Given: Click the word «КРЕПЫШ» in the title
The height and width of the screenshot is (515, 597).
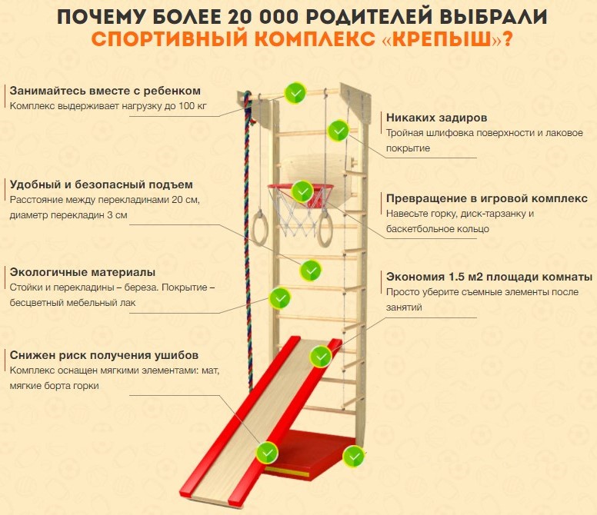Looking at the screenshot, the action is [442, 38].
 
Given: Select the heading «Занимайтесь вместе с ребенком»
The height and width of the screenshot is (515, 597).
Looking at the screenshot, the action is [105, 91].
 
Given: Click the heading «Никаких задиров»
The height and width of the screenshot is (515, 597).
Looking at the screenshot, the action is [436, 118].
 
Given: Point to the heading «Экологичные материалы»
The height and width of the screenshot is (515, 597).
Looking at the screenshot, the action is [82, 272].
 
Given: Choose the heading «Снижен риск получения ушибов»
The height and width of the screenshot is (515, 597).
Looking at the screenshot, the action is [104, 355].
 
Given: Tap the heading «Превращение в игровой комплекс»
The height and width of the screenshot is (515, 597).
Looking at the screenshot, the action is [487, 198].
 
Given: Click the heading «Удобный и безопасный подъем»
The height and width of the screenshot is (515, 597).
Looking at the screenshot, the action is [102, 184].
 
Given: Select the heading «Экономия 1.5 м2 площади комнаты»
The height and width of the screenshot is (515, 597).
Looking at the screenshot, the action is [489, 277].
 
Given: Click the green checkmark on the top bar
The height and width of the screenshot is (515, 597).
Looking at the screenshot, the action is [295, 93].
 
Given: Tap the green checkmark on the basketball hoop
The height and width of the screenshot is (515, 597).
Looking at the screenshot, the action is [302, 191].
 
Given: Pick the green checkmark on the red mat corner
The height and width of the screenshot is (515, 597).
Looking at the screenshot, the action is [353, 456].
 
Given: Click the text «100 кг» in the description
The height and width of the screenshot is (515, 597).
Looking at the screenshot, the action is [192, 106].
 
